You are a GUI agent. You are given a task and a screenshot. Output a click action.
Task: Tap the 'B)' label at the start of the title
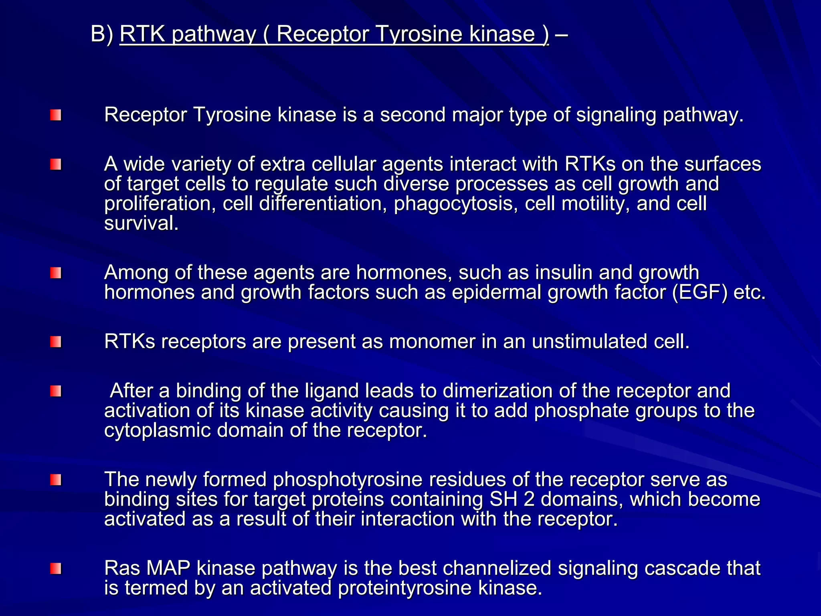[102, 34]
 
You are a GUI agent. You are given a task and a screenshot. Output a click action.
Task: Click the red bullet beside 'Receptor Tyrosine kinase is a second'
[56, 115]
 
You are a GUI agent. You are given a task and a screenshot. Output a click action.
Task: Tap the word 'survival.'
[141, 223]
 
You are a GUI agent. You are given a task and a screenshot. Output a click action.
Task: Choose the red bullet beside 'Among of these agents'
[56, 274]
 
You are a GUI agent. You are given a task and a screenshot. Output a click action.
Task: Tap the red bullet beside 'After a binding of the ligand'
[56, 391]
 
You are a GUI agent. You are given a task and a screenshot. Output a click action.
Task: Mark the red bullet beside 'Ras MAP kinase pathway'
[56, 569]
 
